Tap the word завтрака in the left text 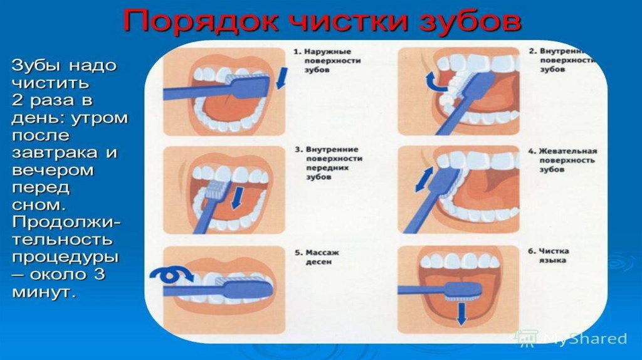point(54,153)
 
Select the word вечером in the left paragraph point(53,170)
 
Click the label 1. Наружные point(322,51)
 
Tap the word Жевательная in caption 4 point(567,151)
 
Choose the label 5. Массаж point(317,253)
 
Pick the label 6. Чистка point(548,251)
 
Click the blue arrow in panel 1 point(282,78)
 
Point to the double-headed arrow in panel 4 point(424,179)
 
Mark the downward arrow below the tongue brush point(462,314)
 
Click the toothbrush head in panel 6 point(465,291)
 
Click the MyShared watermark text point(586,339)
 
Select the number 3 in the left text point(100,274)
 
